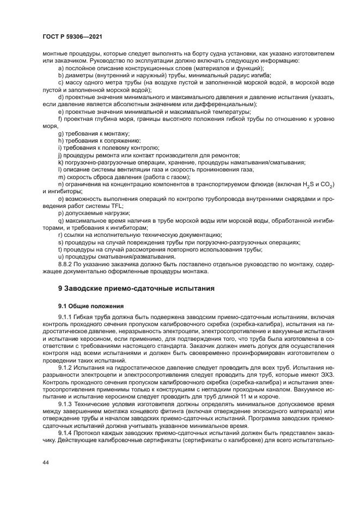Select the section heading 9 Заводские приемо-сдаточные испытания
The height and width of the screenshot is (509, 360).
tap(136, 288)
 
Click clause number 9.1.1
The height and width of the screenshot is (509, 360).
tap(66, 317)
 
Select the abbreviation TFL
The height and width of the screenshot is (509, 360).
tap(115, 206)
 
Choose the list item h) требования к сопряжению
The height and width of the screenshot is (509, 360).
tap(95, 140)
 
